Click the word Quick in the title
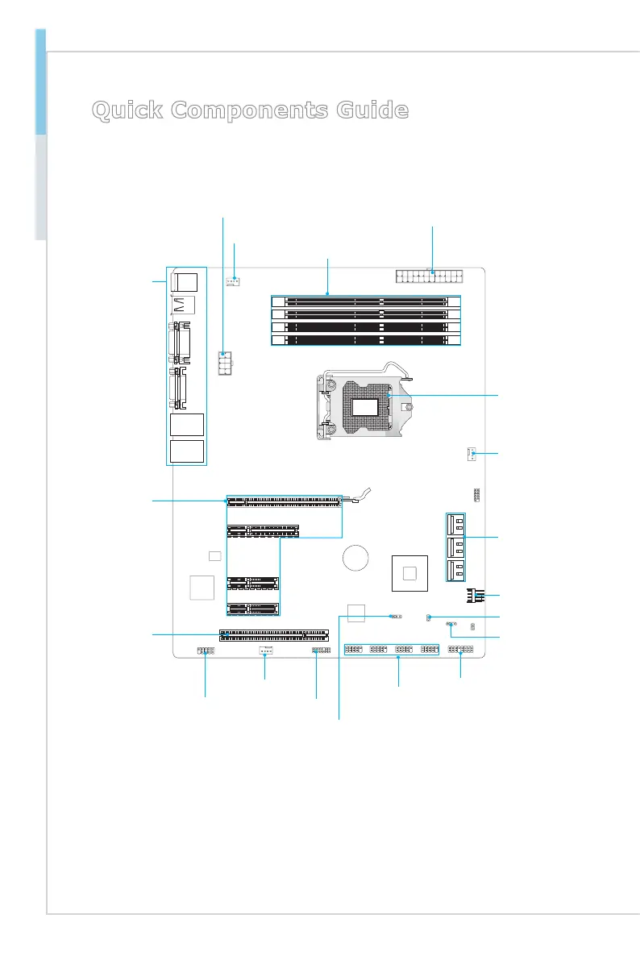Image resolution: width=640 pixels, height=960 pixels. (x=129, y=110)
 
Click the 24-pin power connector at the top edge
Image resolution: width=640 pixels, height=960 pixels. (x=431, y=277)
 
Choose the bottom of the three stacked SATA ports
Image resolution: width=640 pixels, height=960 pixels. (x=455, y=571)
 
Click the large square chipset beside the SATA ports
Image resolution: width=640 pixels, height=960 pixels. (x=409, y=573)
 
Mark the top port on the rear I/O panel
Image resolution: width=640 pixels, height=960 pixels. (x=186, y=281)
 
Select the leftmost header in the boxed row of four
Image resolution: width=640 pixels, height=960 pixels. (x=354, y=650)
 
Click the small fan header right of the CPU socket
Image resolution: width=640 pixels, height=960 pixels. (x=471, y=455)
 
